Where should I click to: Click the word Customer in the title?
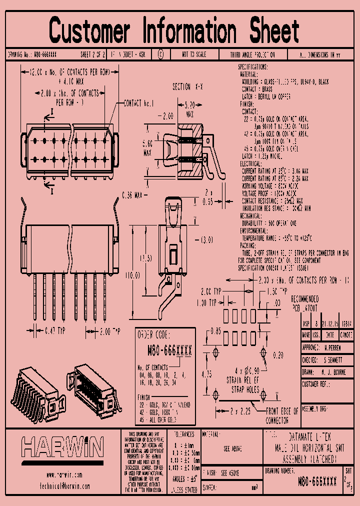tap(89, 30)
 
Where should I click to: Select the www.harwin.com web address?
tap(64, 475)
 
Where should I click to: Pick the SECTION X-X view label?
tap(188, 87)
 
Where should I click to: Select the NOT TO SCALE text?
tap(193, 54)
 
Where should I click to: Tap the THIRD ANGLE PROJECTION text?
tap(252, 54)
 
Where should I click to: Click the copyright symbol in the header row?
tap(160, 54)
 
